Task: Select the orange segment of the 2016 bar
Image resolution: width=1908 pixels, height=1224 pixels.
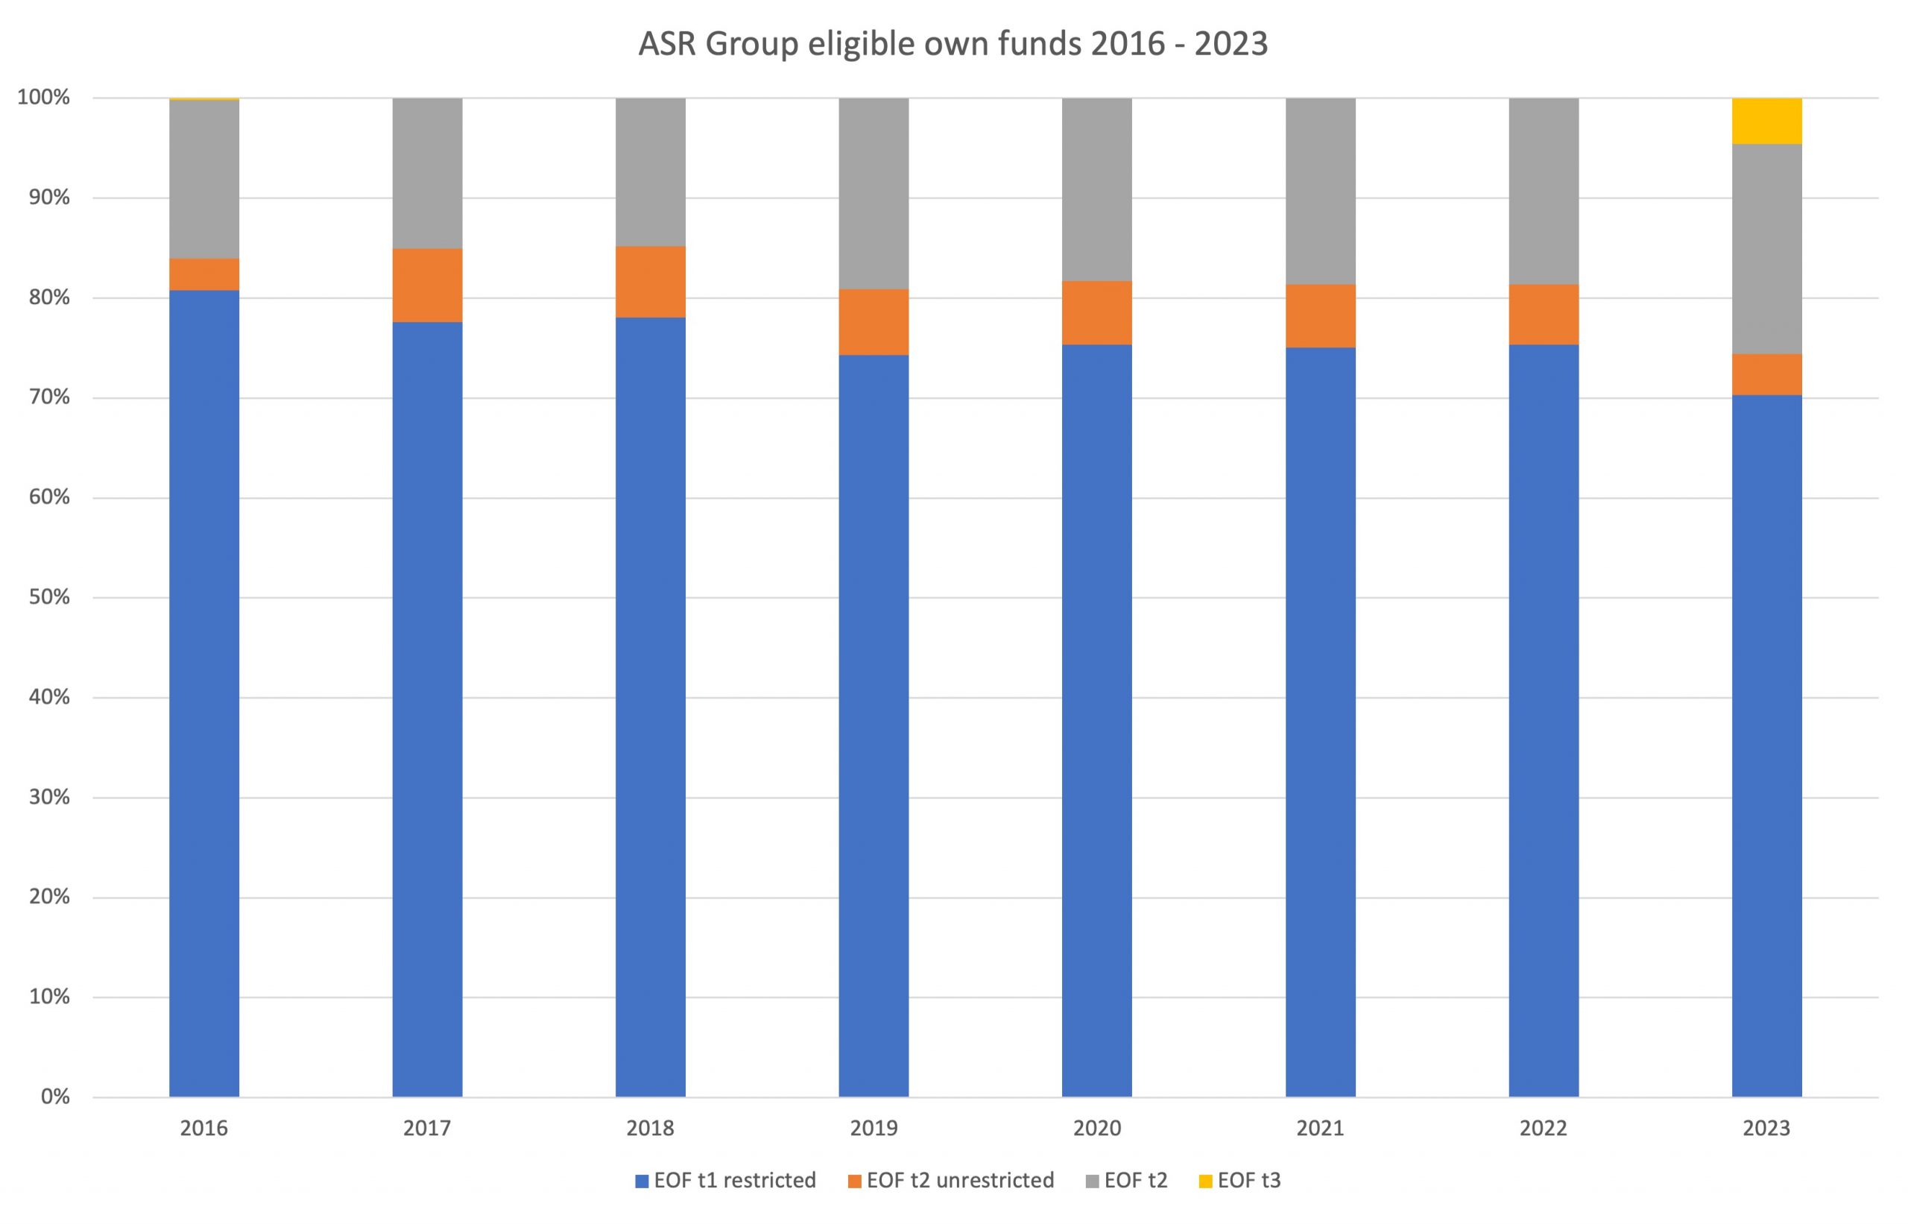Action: [204, 274]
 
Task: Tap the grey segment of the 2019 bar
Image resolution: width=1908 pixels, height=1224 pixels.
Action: [874, 193]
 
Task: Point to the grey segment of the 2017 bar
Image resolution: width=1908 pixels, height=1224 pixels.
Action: [428, 173]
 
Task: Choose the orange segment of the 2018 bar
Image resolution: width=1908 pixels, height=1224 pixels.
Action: [650, 283]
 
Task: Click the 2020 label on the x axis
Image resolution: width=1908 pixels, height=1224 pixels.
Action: [1096, 1129]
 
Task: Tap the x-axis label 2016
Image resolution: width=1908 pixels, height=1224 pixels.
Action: [203, 1129]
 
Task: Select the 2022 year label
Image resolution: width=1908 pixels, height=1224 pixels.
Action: [1544, 1129]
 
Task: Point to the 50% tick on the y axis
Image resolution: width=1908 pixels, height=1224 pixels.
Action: [50, 597]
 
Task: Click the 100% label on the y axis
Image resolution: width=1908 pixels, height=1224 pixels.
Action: [45, 98]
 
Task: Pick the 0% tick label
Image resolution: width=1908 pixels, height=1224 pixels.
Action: [55, 1097]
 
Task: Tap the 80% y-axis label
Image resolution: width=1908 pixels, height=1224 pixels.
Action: [50, 298]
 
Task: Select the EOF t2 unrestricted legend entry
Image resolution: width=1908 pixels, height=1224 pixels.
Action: [951, 1180]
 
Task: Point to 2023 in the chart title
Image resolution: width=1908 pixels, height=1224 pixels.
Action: [1231, 44]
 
